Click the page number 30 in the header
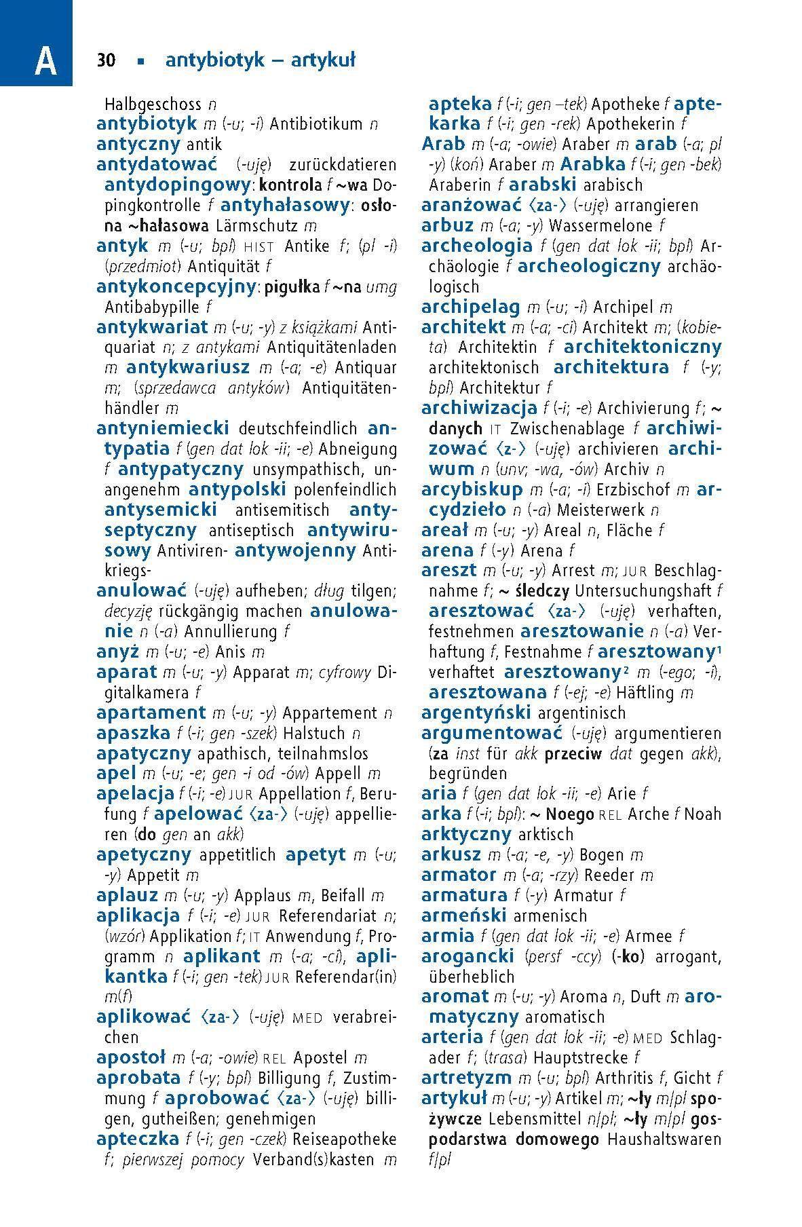point(107,60)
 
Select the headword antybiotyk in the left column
point(147,124)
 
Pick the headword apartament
point(151,713)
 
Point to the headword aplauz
point(128,896)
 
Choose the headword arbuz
point(447,225)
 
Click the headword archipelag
point(470,307)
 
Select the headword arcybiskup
point(472,489)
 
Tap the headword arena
point(447,550)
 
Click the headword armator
point(459,875)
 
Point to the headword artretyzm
point(466,1078)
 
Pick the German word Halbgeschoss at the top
point(153,105)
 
